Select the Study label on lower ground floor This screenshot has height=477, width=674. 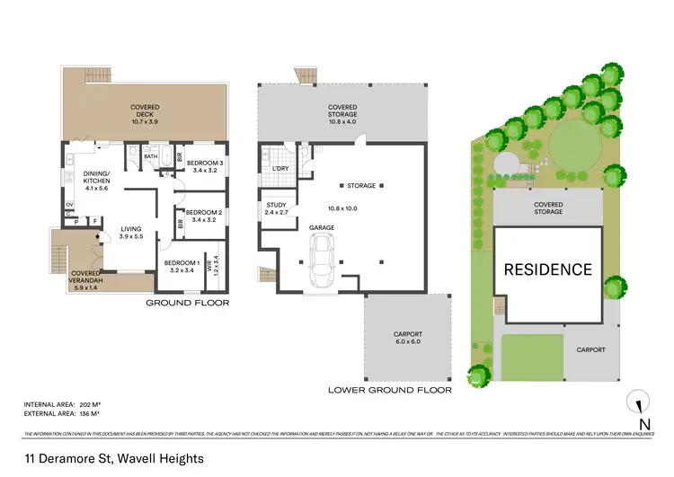(x=276, y=209)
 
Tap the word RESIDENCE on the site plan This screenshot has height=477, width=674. (x=546, y=269)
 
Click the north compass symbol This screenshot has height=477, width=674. (x=639, y=406)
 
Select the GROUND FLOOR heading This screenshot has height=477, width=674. (x=187, y=304)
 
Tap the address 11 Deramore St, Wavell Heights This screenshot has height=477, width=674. (x=113, y=458)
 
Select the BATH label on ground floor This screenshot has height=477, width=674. (x=151, y=155)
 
